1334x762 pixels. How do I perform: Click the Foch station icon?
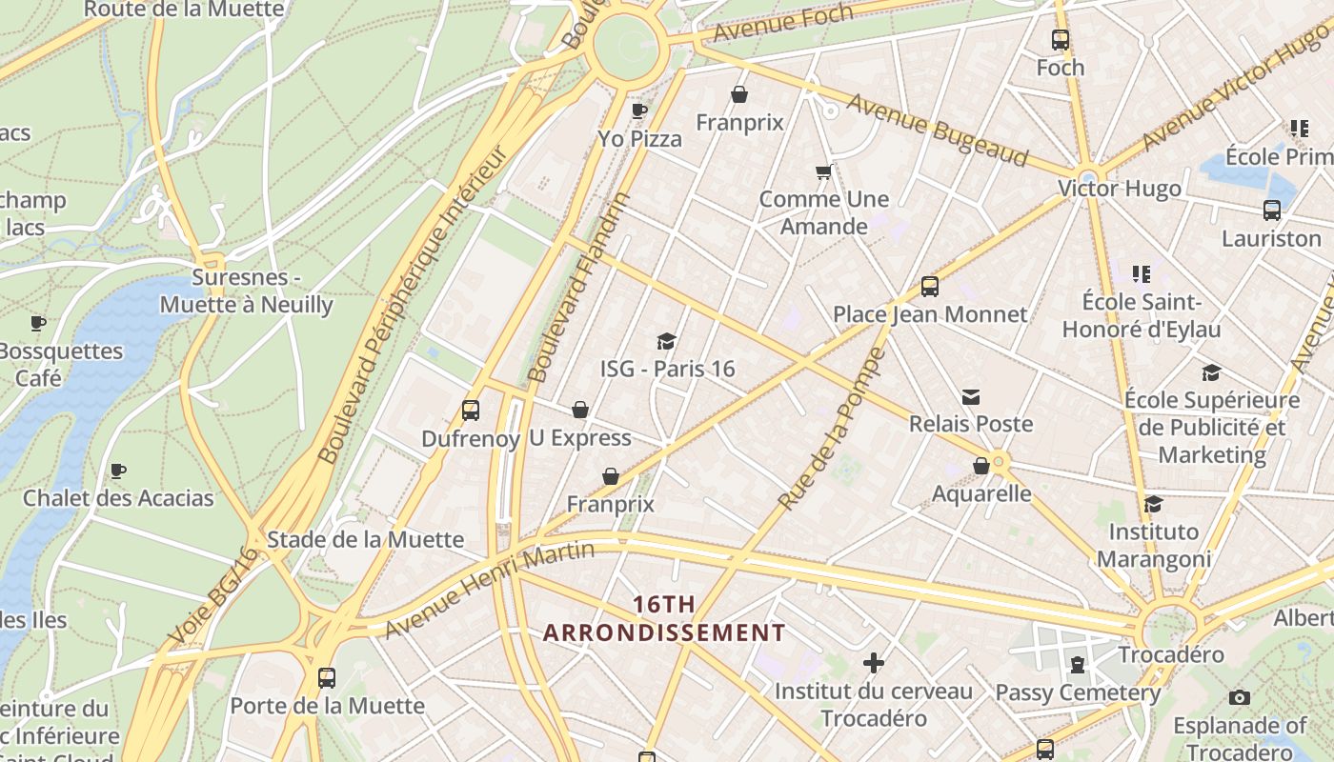pos(1060,40)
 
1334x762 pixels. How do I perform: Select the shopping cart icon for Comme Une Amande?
pos(823,172)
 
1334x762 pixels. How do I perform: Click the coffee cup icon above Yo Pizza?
pos(639,111)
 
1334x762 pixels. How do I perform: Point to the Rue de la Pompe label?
pos(832,429)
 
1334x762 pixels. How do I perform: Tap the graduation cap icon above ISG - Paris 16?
pos(667,341)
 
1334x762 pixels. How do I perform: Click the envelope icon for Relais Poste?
pos(971,396)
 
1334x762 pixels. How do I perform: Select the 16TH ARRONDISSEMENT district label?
pos(664,618)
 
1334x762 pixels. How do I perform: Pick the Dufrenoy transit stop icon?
pos(470,411)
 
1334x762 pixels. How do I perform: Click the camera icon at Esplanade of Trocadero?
pos(1239,698)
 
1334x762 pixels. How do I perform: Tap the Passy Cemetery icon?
pos(1078,664)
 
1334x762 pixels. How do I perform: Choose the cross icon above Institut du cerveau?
pos(873,663)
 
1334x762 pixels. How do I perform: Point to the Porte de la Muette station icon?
pos(327,678)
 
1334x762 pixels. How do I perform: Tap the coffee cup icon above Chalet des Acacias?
pos(118,471)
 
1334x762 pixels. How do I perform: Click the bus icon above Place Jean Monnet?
pos(929,287)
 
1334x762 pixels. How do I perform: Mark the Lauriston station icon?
pos(1271,211)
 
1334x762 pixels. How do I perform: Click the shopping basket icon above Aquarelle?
pos(980,466)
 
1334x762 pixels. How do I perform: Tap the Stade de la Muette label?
pos(365,539)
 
